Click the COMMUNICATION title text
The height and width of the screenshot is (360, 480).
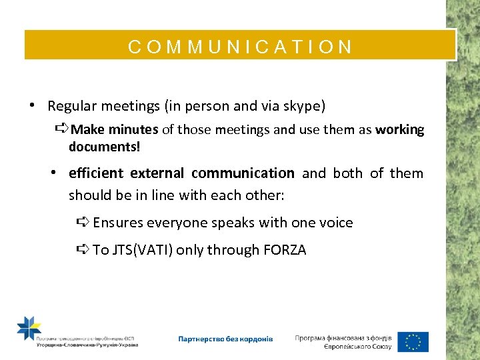(x=240, y=47)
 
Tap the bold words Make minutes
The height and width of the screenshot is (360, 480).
(x=114, y=129)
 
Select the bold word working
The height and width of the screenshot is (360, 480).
(x=399, y=129)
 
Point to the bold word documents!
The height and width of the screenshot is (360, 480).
(x=105, y=146)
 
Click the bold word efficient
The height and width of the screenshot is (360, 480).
(x=96, y=173)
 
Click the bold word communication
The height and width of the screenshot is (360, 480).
(x=243, y=173)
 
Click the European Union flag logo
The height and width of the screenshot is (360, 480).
(x=413, y=341)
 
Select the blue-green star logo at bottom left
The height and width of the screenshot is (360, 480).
(x=29, y=329)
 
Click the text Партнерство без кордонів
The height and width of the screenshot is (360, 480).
(x=225, y=339)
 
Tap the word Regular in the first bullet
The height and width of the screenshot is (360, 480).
(x=72, y=106)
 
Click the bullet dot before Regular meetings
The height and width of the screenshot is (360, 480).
(x=32, y=106)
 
